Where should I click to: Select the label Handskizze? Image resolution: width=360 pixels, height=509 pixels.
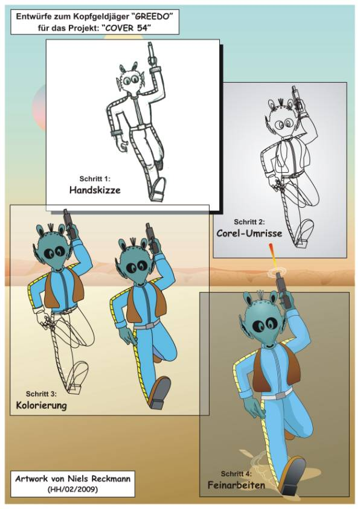point(95,190)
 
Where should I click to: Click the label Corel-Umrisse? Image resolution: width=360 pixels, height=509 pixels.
point(249,233)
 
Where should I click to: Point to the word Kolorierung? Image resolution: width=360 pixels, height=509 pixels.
point(41,405)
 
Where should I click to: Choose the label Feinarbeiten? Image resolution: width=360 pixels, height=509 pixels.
point(236,485)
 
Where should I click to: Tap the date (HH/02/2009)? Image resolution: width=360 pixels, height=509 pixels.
point(72,489)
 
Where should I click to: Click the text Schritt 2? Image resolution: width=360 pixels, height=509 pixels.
point(249,222)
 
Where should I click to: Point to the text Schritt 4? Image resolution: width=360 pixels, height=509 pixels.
point(236,474)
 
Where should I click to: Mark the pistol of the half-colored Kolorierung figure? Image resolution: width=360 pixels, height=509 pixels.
point(69,224)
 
